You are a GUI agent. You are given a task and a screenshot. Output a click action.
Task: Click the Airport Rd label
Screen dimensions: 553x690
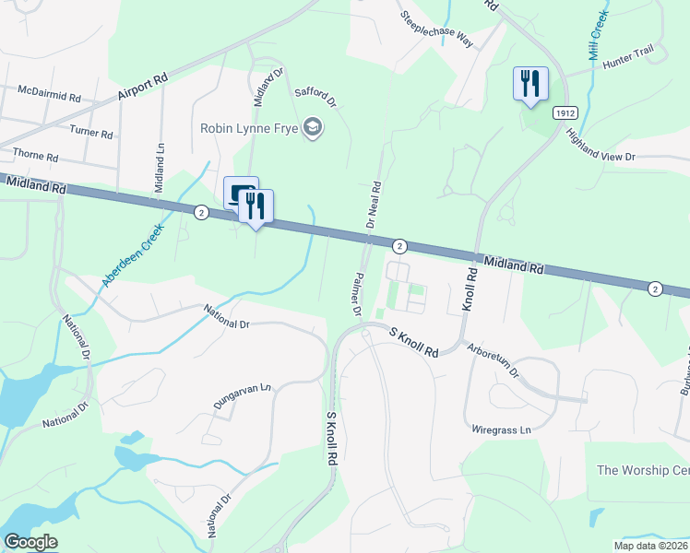(142, 88)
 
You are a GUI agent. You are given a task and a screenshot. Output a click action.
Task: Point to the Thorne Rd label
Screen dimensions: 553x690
(35, 155)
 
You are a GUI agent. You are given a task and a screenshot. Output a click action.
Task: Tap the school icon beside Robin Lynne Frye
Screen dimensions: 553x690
(313, 127)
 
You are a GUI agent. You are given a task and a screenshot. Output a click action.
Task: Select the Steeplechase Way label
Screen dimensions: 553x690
(435, 29)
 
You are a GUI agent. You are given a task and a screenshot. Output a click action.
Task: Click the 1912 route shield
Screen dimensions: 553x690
(565, 112)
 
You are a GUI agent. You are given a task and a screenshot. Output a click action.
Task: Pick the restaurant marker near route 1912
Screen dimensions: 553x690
(530, 84)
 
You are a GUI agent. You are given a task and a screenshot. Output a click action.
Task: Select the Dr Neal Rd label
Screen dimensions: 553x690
(375, 203)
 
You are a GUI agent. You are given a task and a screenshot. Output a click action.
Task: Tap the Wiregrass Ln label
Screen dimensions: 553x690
(502, 429)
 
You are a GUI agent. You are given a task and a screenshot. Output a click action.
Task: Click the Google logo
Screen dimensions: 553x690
(30, 542)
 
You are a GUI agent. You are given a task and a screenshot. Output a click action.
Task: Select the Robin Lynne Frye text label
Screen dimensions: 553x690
(249, 128)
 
